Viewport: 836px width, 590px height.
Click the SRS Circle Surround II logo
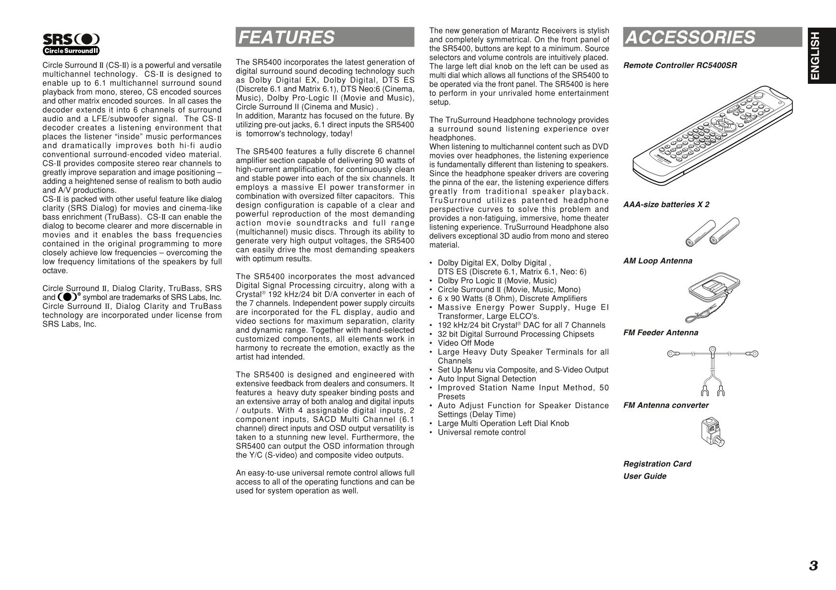point(71,44)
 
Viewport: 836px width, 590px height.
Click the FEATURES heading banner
point(325,37)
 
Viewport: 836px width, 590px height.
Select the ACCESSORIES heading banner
point(712,37)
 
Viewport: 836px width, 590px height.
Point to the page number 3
point(813,566)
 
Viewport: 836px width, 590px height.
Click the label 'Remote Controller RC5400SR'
point(680,65)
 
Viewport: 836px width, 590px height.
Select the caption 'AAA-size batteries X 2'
point(666,205)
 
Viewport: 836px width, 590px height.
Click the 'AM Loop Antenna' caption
point(658,261)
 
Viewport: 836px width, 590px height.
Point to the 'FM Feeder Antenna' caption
point(661,333)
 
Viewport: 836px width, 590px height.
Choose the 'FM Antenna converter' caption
point(666,405)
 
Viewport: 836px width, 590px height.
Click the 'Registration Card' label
point(657,464)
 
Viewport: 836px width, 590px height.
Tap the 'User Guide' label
point(644,476)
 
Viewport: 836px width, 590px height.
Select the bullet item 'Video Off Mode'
point(466,343)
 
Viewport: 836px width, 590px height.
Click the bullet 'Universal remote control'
point(481,432)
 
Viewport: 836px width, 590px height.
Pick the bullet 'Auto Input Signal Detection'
point(487,379)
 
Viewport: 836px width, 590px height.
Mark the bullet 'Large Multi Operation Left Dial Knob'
point(503,423)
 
